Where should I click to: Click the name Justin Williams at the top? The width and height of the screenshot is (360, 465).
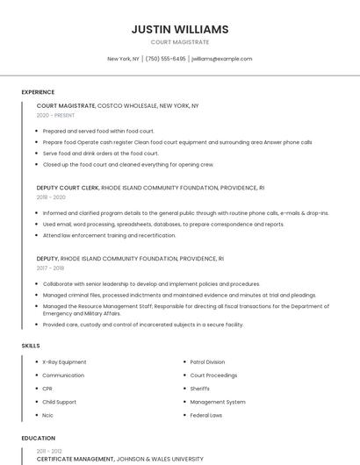tap(179, 29)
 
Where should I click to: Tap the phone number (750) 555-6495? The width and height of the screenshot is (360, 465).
tap(165, 59)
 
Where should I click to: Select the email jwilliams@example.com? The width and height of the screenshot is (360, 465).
tap(221, 59)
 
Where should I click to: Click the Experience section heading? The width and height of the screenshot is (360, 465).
tap(38, 92)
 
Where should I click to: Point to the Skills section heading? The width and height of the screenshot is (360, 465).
tap(31, 346)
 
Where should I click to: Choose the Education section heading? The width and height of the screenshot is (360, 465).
tap(38, 438)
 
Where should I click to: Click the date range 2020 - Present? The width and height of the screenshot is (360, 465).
tap(57, 115)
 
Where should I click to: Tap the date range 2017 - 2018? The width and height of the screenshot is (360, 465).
tap(51, 268)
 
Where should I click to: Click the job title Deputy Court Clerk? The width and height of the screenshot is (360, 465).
tap(68, 188)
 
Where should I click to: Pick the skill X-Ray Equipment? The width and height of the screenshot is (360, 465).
tap(64, 361)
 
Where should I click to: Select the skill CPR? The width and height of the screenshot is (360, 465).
tap(47, 388)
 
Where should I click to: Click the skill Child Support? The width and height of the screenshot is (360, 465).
tap(59, 401)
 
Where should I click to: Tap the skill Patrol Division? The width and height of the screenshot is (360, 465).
tap(207, 361)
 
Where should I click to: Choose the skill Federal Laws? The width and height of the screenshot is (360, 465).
tap(205, 414)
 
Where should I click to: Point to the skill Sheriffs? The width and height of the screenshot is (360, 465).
tap(200, 388)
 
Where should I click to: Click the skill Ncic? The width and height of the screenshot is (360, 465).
tap(47, 414)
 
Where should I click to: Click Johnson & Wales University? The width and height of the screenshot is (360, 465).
tap(160, 458)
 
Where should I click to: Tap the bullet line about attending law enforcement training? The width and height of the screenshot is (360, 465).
tap(109, 235)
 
